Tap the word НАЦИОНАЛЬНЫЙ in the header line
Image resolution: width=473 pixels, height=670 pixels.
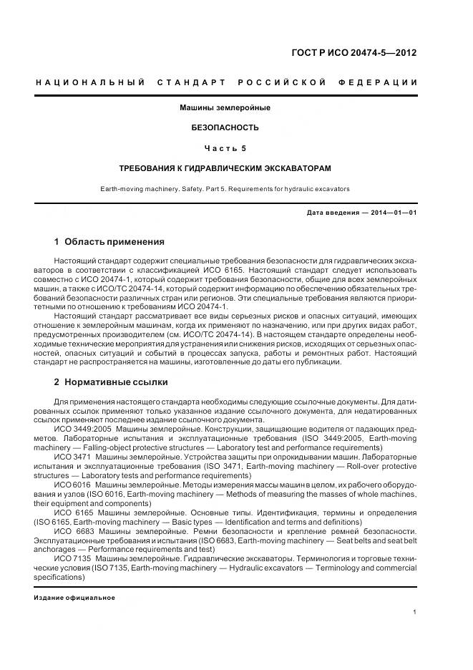[x=90, y=83]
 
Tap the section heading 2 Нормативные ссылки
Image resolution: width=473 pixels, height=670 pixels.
[x=111, y=382]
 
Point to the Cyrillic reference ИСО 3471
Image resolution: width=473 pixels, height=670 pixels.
[x=72, y=457]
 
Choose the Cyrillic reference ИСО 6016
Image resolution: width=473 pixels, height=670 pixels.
[x=72, y=485]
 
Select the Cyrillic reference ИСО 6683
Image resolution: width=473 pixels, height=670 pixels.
[x=72, y=532]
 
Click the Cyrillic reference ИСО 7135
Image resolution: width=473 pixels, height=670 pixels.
[x=72, y=558]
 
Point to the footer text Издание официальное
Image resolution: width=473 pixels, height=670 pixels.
[x=74, y=598]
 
